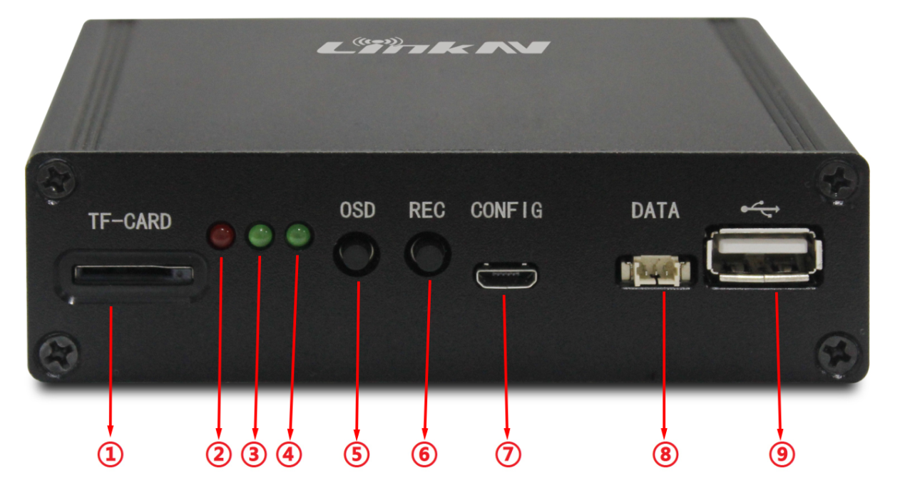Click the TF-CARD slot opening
pyautogui.click(x=133, y=275)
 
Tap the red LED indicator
pyautogui.click(x=221, y=235)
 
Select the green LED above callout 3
pyautogui.click(x=260, y=235)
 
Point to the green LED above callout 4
pyautogui.click(x=298, y=235)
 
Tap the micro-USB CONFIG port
pyautogui.click(x=506, y=275)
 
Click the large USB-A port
pyautogui.click(x=764, y=255)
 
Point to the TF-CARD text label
pyautogui.click(x=130, y=221)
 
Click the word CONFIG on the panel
pyautogui.click(x=506, y=210)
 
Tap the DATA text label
pyautogui.click(x=655, y=210)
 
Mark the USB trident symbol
pyautogui.click(x=760, y=209)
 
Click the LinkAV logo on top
pyautogui.click(x=432, y=46)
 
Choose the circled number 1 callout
pyautogui.click(x=111, y=454)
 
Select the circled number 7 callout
pyautogui.click(x=508, y=454)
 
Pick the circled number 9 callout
pyautogui.click(x=782, y=454)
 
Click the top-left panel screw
pyautogui.click(x=56, y=180)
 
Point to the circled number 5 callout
pyautogui.click(x=357, y=454)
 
